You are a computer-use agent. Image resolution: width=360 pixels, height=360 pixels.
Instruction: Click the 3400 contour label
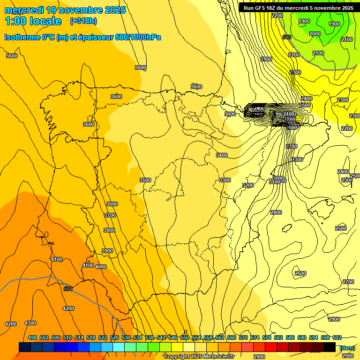coord(222,155)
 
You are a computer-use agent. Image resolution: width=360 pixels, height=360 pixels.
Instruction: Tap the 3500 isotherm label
coord(145,180)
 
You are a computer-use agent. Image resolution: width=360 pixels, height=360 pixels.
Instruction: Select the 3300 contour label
coord(225,180)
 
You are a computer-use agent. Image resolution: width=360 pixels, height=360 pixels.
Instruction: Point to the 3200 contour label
coord(248,185)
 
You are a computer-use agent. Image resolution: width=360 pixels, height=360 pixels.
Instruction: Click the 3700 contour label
coord(110,215)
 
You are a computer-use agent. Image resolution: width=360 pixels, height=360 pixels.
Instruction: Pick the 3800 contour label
coord(109,230)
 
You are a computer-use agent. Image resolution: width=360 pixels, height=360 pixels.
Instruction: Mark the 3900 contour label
coord(107,251)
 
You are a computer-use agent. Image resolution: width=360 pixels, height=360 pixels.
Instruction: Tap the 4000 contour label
coord(101,267)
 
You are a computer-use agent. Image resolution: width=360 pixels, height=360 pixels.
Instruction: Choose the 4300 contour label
coord(30,323)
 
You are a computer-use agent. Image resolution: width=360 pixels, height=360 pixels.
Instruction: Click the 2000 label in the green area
coord(315,34)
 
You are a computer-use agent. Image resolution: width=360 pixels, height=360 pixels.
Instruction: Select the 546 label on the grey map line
coord(287,37)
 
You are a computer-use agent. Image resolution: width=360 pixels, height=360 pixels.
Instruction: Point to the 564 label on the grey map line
coord(68,289)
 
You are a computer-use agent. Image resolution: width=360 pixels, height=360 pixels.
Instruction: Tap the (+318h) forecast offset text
coord(83,21)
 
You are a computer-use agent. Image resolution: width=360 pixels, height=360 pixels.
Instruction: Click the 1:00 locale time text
coord(33,21)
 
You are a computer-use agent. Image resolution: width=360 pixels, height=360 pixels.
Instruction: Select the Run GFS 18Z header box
coord(297,8)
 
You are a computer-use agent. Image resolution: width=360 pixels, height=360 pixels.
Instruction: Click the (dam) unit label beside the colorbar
coord(346,347)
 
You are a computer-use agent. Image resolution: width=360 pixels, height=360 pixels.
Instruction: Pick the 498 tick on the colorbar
coord(32,337)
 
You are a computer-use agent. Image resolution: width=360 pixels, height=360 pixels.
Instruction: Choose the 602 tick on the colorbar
coord(337,337)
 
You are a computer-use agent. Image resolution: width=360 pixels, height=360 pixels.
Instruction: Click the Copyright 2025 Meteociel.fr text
coord(199,357)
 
